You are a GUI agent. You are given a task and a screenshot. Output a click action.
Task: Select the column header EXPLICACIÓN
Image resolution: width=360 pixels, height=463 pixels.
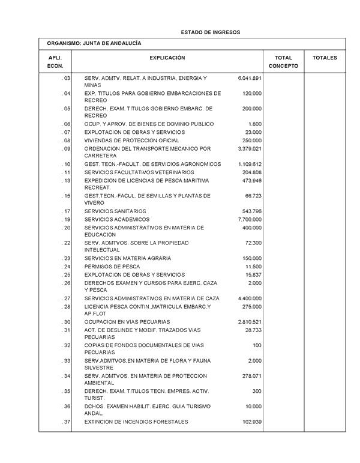click(x=167, y=58)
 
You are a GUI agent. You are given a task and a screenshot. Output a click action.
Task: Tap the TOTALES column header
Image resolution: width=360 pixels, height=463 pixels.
click(x=325, y=58)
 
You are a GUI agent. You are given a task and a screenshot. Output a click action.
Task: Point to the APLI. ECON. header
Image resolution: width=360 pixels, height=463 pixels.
click(x=55, y=62)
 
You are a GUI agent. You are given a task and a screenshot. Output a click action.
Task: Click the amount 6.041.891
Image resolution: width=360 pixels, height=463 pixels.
click(x=250, y=79)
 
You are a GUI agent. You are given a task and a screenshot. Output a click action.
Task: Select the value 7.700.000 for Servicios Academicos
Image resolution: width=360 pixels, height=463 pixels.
click(x=250, y=220)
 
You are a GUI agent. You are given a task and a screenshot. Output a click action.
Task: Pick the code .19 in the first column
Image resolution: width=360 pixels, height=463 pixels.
click(x=66, y=220)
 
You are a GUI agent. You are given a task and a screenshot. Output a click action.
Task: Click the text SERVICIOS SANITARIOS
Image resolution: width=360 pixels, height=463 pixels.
click(x=115, y=211)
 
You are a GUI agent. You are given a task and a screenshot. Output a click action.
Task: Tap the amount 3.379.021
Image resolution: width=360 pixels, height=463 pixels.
click(x=250, y=148)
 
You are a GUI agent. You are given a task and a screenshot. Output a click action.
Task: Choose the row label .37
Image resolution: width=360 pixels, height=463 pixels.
click(x=66, y=422)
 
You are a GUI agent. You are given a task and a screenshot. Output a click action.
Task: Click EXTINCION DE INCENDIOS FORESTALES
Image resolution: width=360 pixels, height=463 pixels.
click(x=136, y=422)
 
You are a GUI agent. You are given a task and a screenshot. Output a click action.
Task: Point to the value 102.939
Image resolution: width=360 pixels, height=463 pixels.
click(x=251, y=422)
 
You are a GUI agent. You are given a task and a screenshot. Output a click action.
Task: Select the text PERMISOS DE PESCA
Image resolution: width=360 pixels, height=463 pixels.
click(x=112, y=267)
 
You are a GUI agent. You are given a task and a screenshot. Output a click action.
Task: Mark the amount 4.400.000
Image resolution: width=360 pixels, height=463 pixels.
click(x=250, y=298)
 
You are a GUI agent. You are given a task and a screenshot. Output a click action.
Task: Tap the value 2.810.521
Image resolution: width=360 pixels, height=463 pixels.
click(x=250, y=322)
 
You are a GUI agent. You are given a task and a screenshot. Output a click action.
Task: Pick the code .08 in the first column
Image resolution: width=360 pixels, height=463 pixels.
click(x=66, y=141)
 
